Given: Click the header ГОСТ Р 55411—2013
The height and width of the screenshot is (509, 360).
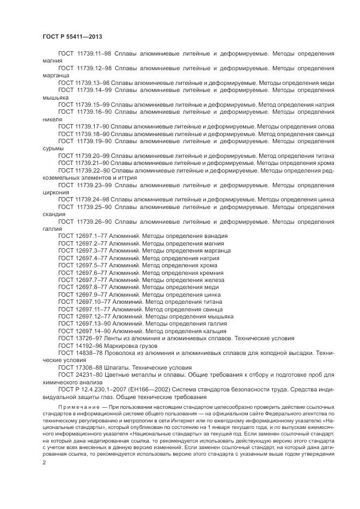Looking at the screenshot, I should pos(72,36).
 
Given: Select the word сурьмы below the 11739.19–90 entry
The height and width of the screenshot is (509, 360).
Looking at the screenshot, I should pos(53,148).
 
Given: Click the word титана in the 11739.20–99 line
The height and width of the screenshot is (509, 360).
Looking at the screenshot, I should pos(322,155).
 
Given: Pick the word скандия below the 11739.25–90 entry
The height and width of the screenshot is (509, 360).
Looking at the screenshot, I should pos(54,213).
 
